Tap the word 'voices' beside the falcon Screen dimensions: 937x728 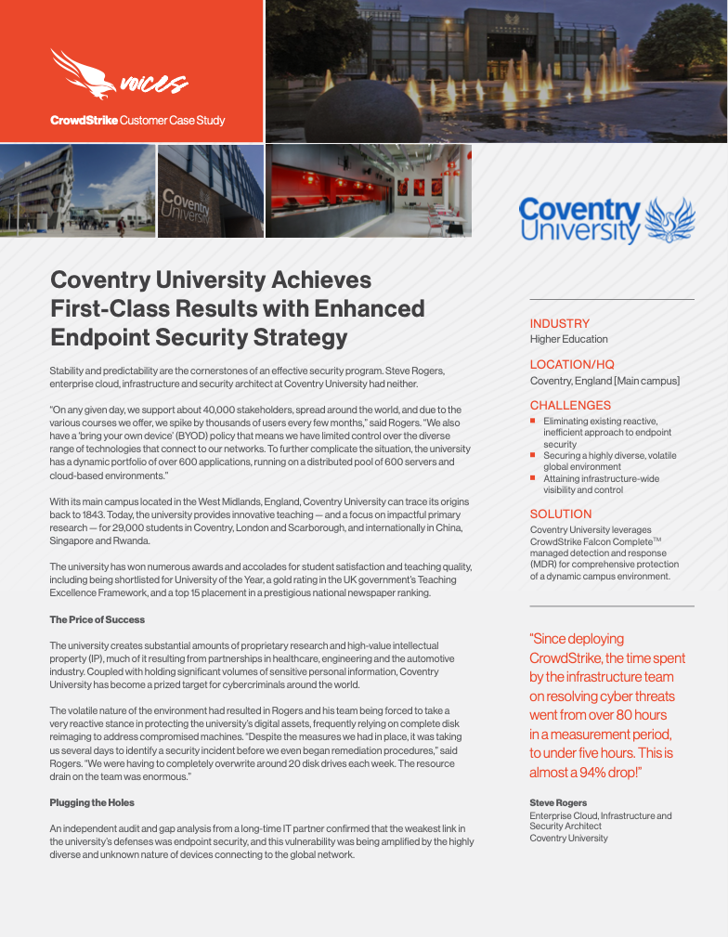[152, 85]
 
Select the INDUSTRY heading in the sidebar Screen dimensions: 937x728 [559, 323]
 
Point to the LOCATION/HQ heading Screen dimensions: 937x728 [572, 364]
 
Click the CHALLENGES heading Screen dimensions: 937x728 [570, 405]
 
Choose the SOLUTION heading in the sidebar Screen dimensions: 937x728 [561, 514]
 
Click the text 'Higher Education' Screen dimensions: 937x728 [568, 339]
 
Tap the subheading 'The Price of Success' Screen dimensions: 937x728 [97, 619]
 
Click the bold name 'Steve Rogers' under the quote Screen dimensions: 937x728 [558, 802]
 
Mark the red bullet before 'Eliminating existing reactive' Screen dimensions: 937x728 [533, 421]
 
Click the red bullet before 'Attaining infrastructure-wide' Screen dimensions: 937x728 [533, 478]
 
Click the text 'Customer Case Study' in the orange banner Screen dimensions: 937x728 [173, 121]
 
